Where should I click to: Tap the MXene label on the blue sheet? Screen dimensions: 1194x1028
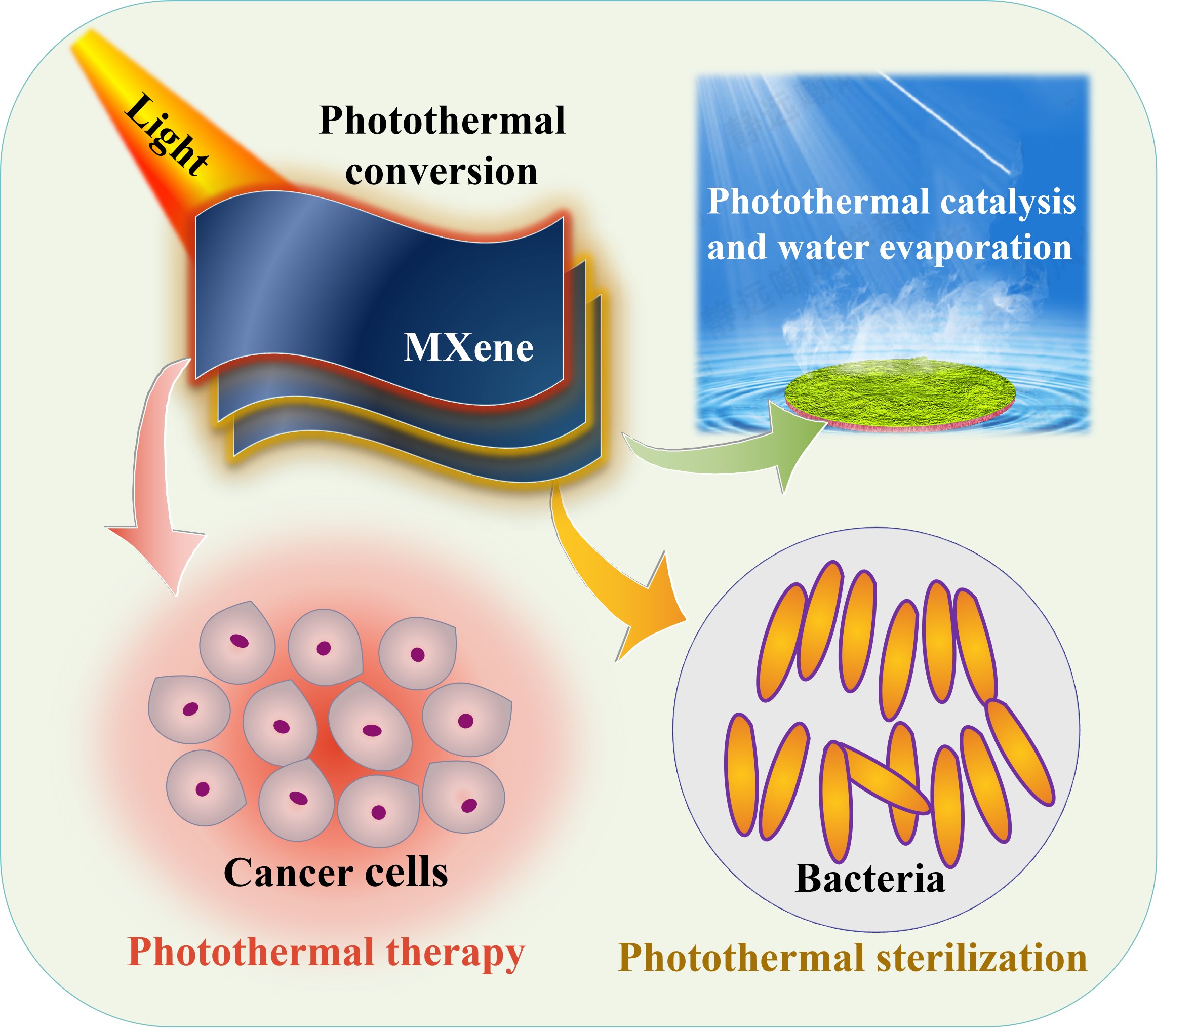pos(469,348)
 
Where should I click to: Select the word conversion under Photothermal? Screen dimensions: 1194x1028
pos(442,171)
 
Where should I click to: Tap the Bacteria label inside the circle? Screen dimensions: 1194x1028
pos(870,879)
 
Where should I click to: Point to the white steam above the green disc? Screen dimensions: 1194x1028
pos(899,323)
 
